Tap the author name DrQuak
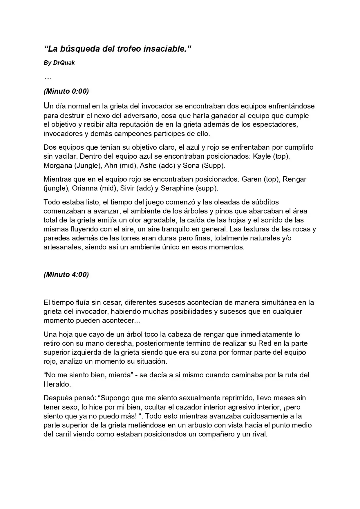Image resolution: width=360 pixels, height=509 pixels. (x=64, y=63)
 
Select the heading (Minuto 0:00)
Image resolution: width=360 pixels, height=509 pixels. (x=66, y=91)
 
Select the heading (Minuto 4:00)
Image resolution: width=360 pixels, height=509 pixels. (x=66, y=274)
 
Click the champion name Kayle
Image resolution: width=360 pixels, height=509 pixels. (x=262, y=156)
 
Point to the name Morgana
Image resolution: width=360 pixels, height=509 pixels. (x=57, y=166)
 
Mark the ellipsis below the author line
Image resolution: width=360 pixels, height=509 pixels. (x=48, y=78)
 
